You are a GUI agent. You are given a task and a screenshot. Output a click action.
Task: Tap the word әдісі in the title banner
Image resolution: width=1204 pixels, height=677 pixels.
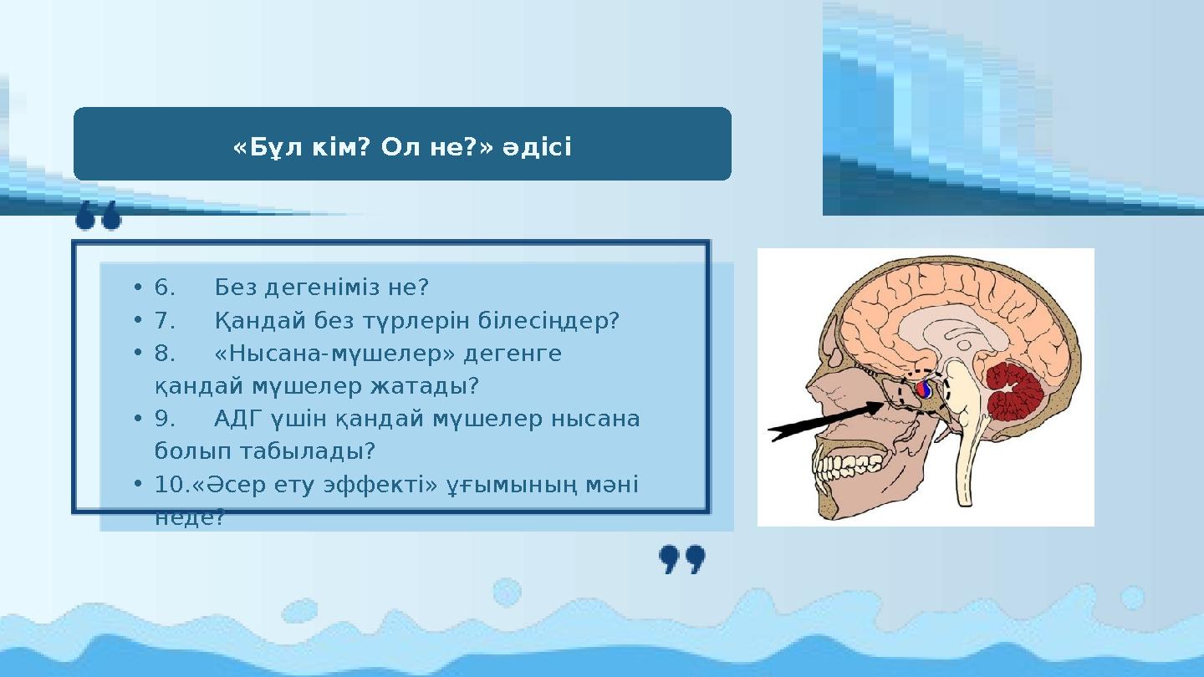pos(537,148)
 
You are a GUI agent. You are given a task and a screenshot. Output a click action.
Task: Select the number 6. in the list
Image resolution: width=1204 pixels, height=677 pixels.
pos(165,288)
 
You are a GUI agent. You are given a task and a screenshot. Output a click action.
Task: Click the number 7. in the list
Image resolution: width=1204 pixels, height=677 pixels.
pos(165,321)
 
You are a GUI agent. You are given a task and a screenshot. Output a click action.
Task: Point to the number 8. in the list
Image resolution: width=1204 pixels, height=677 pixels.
pos(165,354)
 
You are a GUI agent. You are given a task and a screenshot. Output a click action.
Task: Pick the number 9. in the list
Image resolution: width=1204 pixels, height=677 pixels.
pos(165,419)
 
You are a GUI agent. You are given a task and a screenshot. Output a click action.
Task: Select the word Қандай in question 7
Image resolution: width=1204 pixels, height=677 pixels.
pos(248,321)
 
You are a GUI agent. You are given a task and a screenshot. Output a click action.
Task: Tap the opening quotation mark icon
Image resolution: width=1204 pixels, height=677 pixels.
pos(99,219)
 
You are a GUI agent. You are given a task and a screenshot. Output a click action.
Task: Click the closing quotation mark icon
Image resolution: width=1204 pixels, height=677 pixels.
pos(682,559)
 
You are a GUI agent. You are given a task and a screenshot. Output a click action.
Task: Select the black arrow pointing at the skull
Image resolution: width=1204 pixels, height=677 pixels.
pos(824,420)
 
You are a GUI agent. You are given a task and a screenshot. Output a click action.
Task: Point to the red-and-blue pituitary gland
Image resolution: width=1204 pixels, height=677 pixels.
pos(924,389)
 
